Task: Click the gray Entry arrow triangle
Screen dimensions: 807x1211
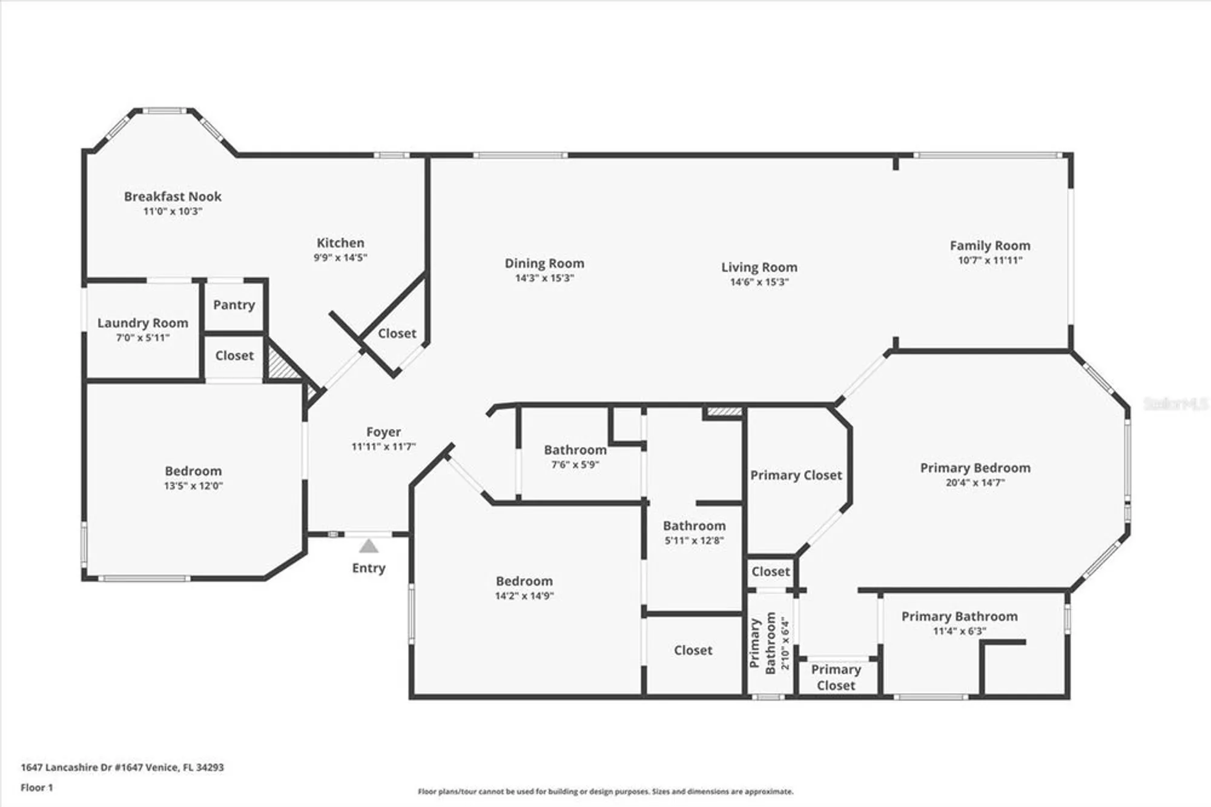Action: [x=369, y=546]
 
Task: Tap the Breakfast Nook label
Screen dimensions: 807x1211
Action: [x=173, y=196]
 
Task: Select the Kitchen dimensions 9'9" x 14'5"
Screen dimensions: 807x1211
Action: [x=340, y=257]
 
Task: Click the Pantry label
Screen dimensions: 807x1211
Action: [x=234, y=305]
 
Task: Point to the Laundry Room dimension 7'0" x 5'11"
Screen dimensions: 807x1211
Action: [x=143, y=337]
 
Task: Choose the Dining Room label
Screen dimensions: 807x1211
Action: [x=544, y=264]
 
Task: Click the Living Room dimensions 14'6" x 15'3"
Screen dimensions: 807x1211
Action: [x=759, y=282]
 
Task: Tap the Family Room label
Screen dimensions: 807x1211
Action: [x=989, y=245]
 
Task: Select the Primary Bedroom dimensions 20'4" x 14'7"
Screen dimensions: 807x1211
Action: [x=975, y=483]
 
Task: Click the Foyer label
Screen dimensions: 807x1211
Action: [x=383, y=432]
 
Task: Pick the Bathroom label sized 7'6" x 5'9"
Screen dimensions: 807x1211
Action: [x=575, y=450]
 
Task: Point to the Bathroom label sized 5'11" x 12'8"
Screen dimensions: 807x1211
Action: [x=694, y=526]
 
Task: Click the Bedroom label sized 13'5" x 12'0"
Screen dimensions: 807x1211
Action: [x=193, y=471]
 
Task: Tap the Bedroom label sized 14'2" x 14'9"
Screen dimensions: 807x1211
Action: [x=524, y=581]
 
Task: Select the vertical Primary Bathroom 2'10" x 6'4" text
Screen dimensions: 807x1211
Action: [x=770, y=643]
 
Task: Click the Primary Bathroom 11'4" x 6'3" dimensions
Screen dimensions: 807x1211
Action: [x=959, y=631]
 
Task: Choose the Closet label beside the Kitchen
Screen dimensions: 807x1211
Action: [x=397, y=333]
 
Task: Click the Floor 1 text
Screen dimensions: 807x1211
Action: [x=37, y=788]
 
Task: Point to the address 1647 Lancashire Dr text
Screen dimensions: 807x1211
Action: [x=122, y=767]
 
